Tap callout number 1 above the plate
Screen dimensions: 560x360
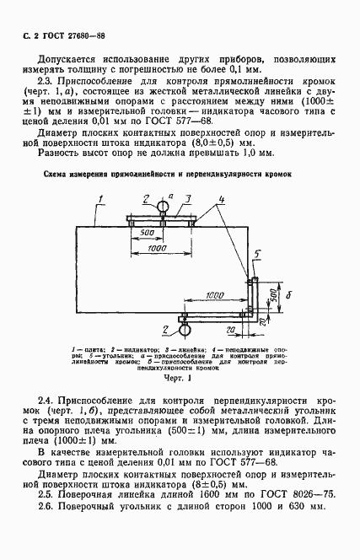point(100,200)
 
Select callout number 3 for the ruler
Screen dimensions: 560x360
point(190,200)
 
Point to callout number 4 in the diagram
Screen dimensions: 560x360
point(220,200)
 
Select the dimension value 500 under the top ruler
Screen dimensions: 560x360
point(146,232)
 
